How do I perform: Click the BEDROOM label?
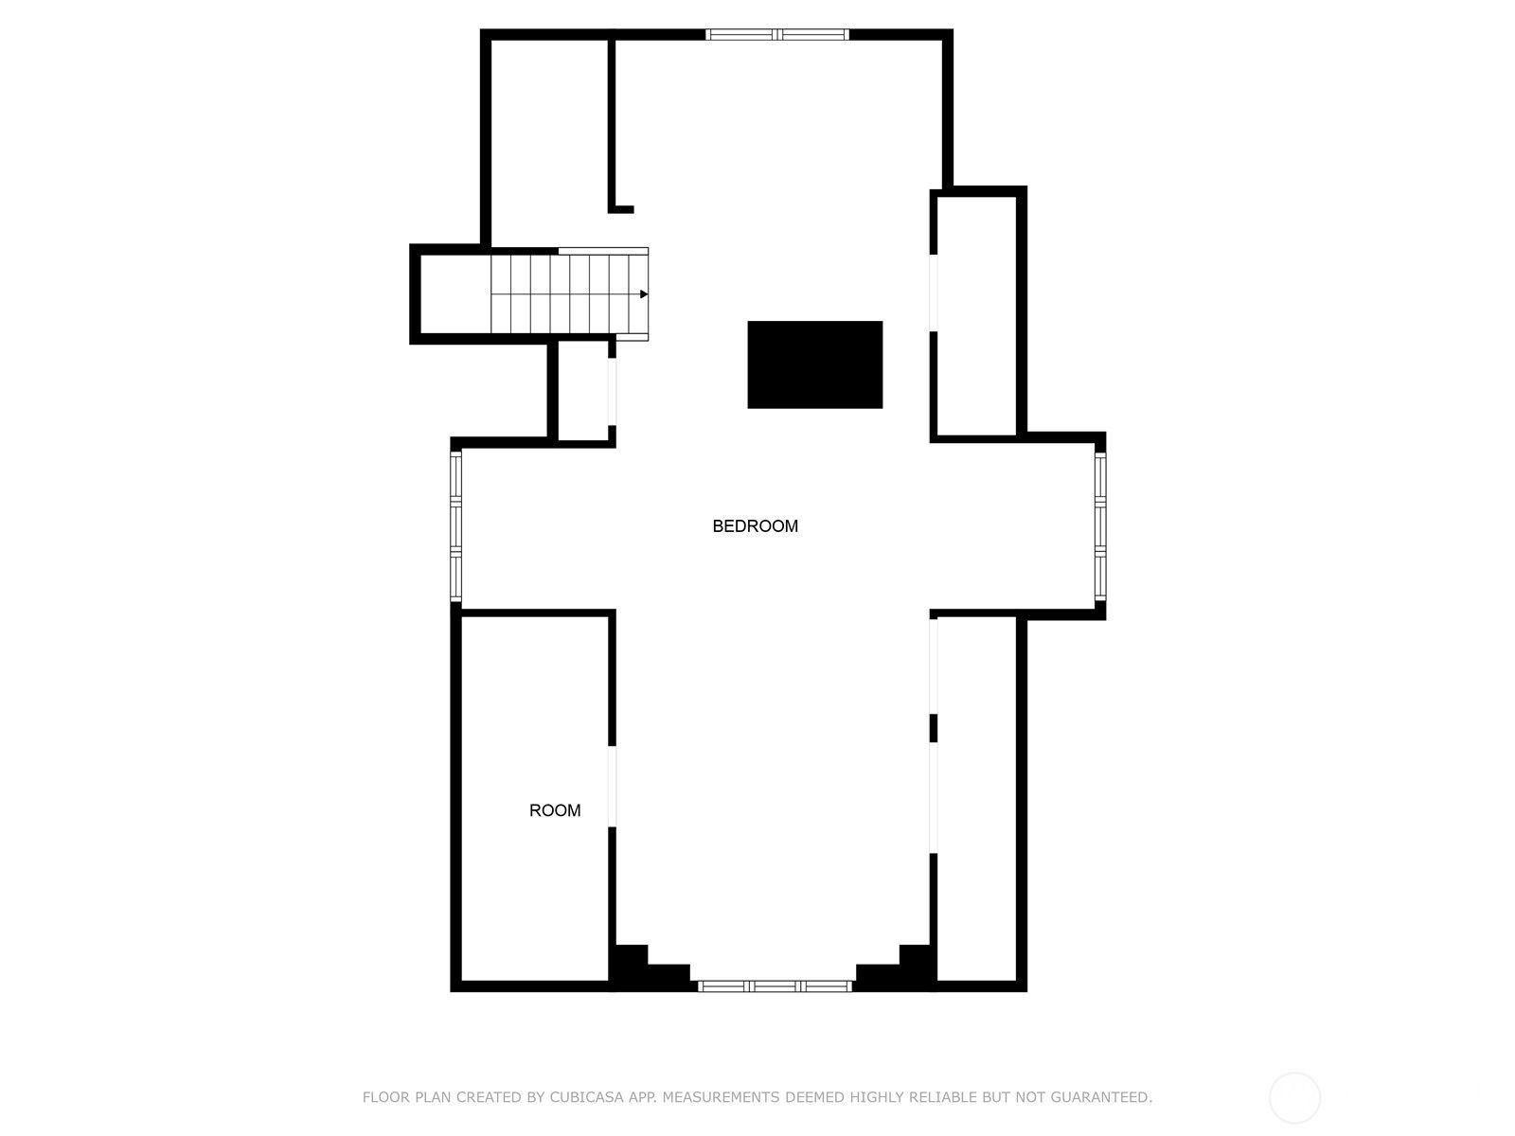coord(755,526)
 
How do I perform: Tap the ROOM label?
coord(554,810)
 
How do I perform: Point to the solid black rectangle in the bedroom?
coord(814,364)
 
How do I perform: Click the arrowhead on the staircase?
coord(644,294)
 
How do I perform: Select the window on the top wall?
coord(777,34)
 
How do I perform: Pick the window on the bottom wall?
coord(775,986)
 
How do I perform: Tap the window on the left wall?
coord(455,525)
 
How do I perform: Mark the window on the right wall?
coord(1100,525)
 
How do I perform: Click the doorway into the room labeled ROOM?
coord(612,787)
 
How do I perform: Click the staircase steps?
coord(569,294)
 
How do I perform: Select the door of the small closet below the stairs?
coord(612,392)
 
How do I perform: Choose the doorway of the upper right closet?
coord(934,293)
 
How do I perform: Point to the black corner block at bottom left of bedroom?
coord(642,966)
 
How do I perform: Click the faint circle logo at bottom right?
coord(1294,1098)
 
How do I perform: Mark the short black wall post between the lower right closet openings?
coord(934,728)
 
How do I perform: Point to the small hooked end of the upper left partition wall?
coord(621,209)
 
